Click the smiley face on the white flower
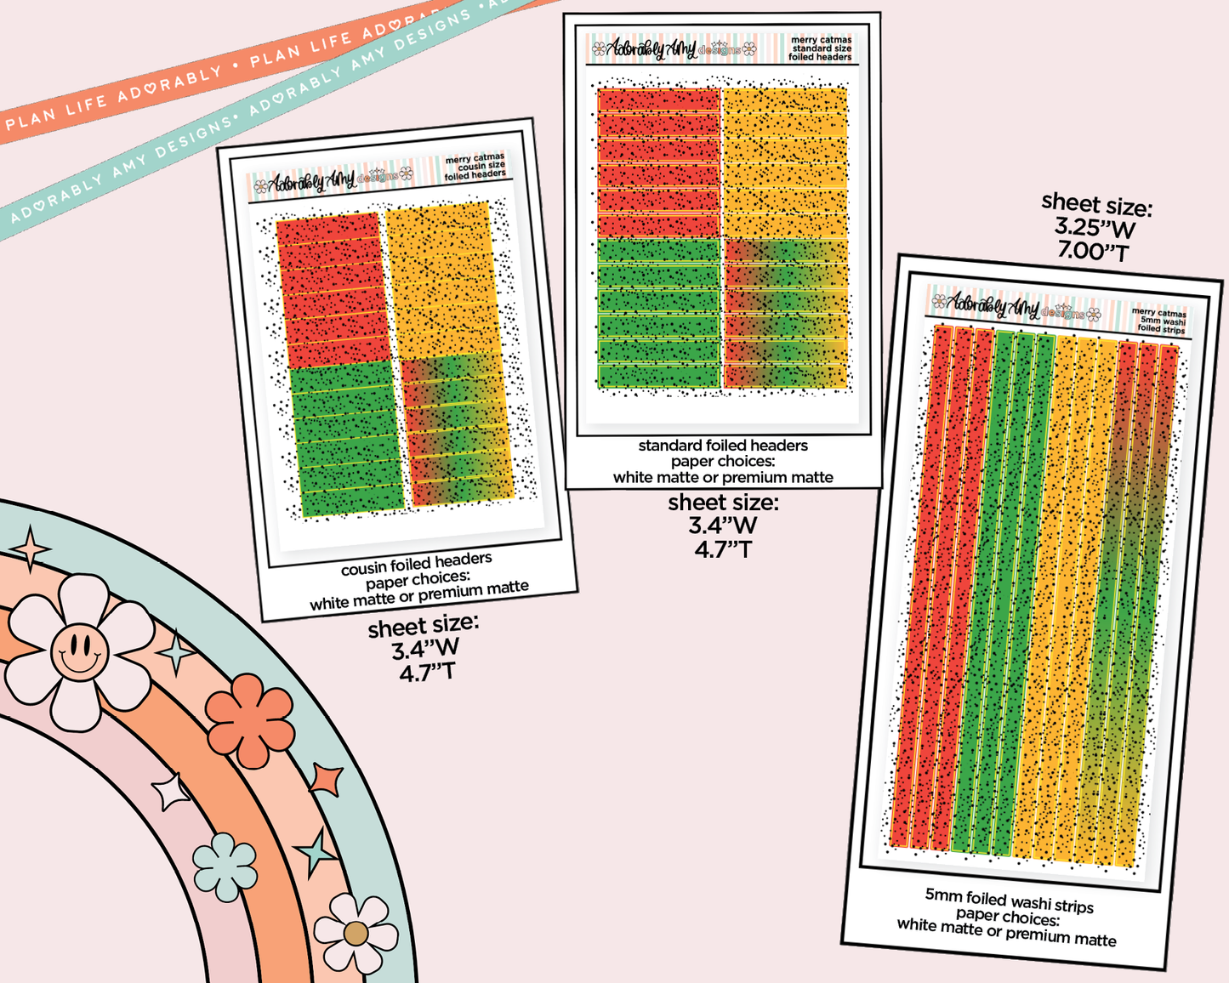point(79,652)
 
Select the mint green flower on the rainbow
point(225,867)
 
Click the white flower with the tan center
point(356,933)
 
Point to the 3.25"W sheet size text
point(1095,227)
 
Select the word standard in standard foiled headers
point(669,446)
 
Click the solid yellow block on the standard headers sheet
point(785,162)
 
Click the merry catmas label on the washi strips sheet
point(1158,313)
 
